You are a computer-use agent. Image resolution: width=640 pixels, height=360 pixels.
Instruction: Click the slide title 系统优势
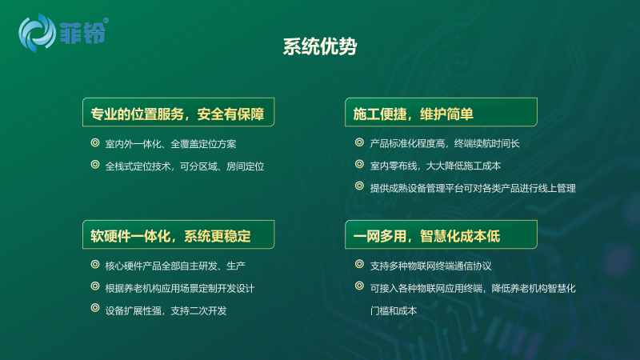[x=320, y=46]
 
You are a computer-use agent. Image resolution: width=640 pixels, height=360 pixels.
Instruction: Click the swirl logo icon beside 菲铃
[x=37, y=33]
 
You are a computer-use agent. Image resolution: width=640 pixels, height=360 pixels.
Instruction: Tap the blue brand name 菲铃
[x=83, y=33]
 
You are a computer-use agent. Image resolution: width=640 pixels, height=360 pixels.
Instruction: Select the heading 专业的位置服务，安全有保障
[x=178, y=114]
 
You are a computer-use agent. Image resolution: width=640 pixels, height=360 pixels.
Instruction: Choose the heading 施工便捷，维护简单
[x=413, y=114]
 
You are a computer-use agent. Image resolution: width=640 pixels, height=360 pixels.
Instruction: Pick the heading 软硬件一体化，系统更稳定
[x=170, y=236]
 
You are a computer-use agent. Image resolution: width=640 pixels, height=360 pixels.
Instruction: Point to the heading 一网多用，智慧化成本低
[x=426, y=236]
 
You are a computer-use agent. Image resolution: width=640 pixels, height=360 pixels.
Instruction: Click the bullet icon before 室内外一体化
[x=95, y=142]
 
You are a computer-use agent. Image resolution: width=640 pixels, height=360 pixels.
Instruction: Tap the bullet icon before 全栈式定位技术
[x=95, y=165]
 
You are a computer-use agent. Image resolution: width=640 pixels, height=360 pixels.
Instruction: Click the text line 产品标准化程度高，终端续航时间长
[x=445, y=144]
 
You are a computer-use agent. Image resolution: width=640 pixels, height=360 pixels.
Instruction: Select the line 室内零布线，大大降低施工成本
[x=435, y=166]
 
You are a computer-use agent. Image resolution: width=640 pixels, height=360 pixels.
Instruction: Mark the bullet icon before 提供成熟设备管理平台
[x=359, y=186]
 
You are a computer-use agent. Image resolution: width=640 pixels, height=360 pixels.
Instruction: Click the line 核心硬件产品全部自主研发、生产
[x=175, y=266]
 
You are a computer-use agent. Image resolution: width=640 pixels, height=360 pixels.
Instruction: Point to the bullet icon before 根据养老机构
[x=95, y=286]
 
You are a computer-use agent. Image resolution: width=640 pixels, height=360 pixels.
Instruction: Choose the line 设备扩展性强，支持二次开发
[x=166, y=310]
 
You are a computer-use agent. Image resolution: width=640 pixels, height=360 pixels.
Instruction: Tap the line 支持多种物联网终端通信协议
[x=430, y=266]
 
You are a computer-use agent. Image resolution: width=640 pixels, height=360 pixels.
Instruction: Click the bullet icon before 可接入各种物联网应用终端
[x=359, y=286]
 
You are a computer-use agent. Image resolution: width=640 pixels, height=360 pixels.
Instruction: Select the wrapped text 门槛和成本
[x=394, y=310]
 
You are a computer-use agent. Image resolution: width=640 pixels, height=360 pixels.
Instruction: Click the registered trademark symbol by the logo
[x=106, y=21]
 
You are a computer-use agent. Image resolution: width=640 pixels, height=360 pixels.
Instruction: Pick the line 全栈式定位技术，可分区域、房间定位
[x=185, y=166]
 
